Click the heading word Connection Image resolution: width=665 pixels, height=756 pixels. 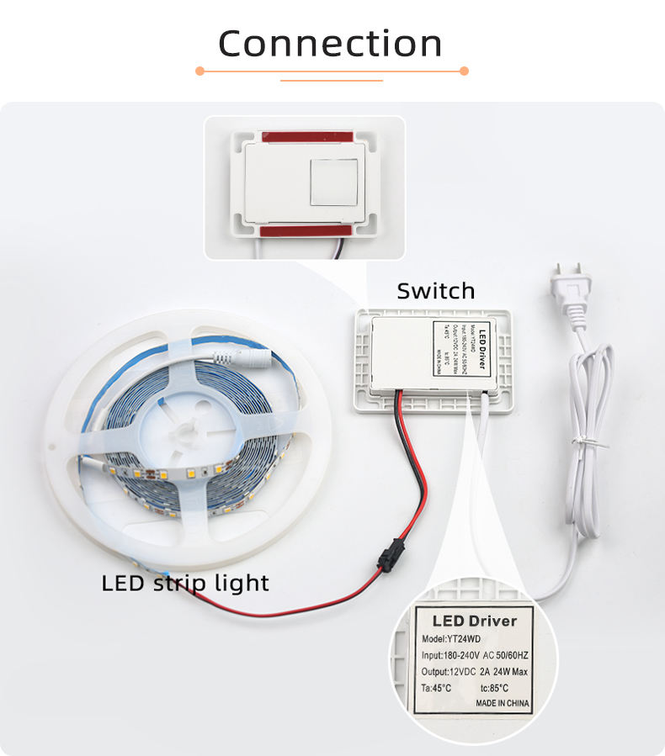click(330, 43)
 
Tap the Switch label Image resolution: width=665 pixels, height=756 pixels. click(435, 291)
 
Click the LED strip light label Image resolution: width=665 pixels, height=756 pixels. click(185, 582)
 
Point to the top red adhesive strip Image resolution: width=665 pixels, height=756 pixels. click(305, 136)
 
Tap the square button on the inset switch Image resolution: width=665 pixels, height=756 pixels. click(336, 181)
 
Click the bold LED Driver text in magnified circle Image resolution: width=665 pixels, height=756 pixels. click(475, 621)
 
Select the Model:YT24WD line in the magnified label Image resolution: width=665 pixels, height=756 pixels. click(455, 638)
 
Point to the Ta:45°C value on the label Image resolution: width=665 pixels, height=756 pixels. click(436, 688)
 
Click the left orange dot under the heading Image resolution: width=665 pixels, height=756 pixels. click(199, 71)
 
